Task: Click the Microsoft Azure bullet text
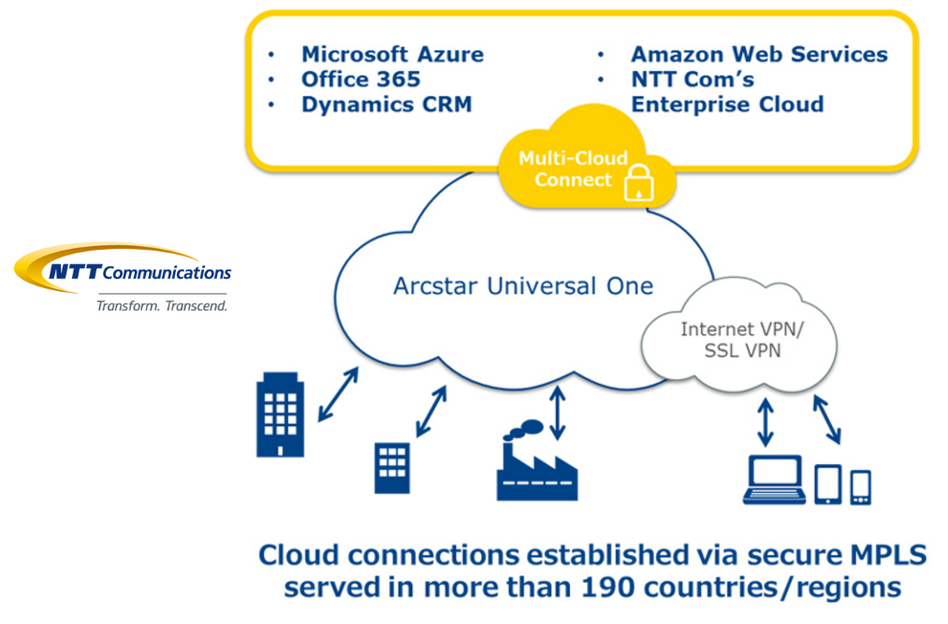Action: [392, 54]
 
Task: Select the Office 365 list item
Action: [360, 80]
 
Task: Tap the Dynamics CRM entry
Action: [386, 105]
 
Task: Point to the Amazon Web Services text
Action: [759, 54]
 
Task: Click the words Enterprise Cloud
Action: [727, 105]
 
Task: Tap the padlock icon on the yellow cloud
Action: [637, 184]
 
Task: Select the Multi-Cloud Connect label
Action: [573, 168]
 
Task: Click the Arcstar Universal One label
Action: [523, 285]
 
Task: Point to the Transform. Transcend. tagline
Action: [163, 306]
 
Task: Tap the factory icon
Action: [536, 465]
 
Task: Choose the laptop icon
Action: [773, 479]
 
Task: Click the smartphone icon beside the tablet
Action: [861, 486]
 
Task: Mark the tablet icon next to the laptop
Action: [828, 483]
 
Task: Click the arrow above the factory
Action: [559, 411]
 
